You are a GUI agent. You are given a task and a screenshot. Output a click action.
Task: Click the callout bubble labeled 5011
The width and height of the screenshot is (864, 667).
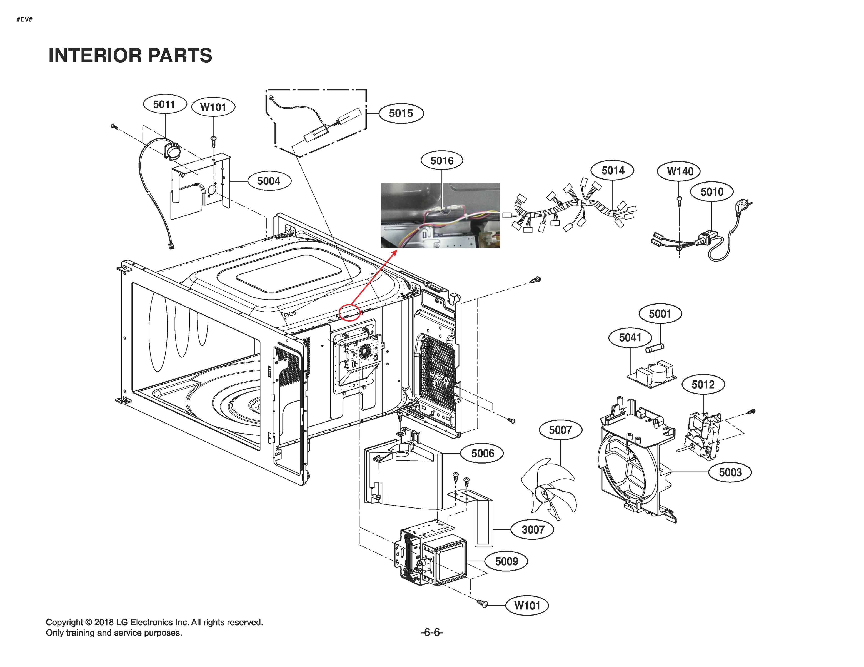coord(164,104)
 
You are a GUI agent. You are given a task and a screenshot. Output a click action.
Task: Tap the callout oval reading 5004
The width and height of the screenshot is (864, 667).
coord(269,181)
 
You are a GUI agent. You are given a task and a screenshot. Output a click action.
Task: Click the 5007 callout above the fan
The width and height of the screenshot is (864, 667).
coord(560,430)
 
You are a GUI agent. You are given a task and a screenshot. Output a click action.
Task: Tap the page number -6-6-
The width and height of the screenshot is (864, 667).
coord(432,632)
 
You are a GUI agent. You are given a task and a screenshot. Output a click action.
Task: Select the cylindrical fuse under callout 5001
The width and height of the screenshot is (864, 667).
coord(655,348)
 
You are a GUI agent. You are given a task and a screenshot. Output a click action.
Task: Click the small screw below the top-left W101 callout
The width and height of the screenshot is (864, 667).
coord(214,139)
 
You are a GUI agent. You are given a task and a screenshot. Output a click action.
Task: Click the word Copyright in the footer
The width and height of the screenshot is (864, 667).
coord(64,622)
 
